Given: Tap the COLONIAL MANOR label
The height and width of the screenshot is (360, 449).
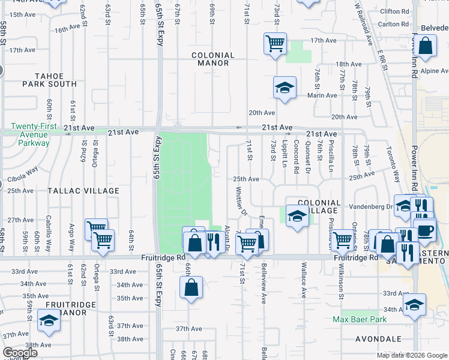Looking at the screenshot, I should pyautogui.click(x=210, y=59).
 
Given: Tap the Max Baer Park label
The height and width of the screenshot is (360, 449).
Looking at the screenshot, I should pyautogui.click(x=360, y=319).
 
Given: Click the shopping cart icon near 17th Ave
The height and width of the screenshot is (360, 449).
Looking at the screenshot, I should pyautogui.click(x=275, y=43).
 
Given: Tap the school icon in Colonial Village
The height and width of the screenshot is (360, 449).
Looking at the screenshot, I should pyautogui.click(x=297, y=217).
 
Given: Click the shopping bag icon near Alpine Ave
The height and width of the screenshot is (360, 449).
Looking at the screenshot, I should pyautogui.click(x=425, y=47).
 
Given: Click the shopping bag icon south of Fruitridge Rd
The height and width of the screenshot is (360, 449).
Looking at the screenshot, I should pyautogui.click(x=191, y=287).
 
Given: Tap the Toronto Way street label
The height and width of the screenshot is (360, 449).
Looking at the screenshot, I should pyautogui.click(x=393, y=164).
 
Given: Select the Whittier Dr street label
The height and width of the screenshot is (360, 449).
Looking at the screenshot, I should pyautogui.click(x=241, y=201).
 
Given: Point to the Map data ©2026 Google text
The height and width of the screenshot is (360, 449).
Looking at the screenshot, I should pyautogui.click(x=412, y=355).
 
